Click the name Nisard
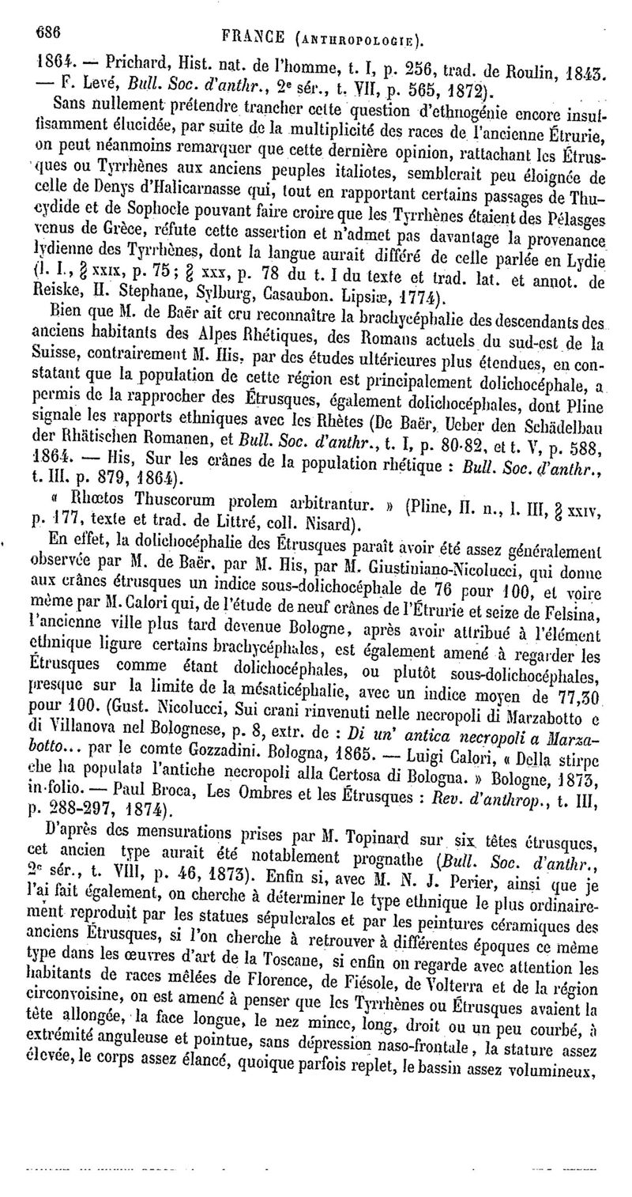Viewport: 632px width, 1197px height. tap(318, 523)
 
